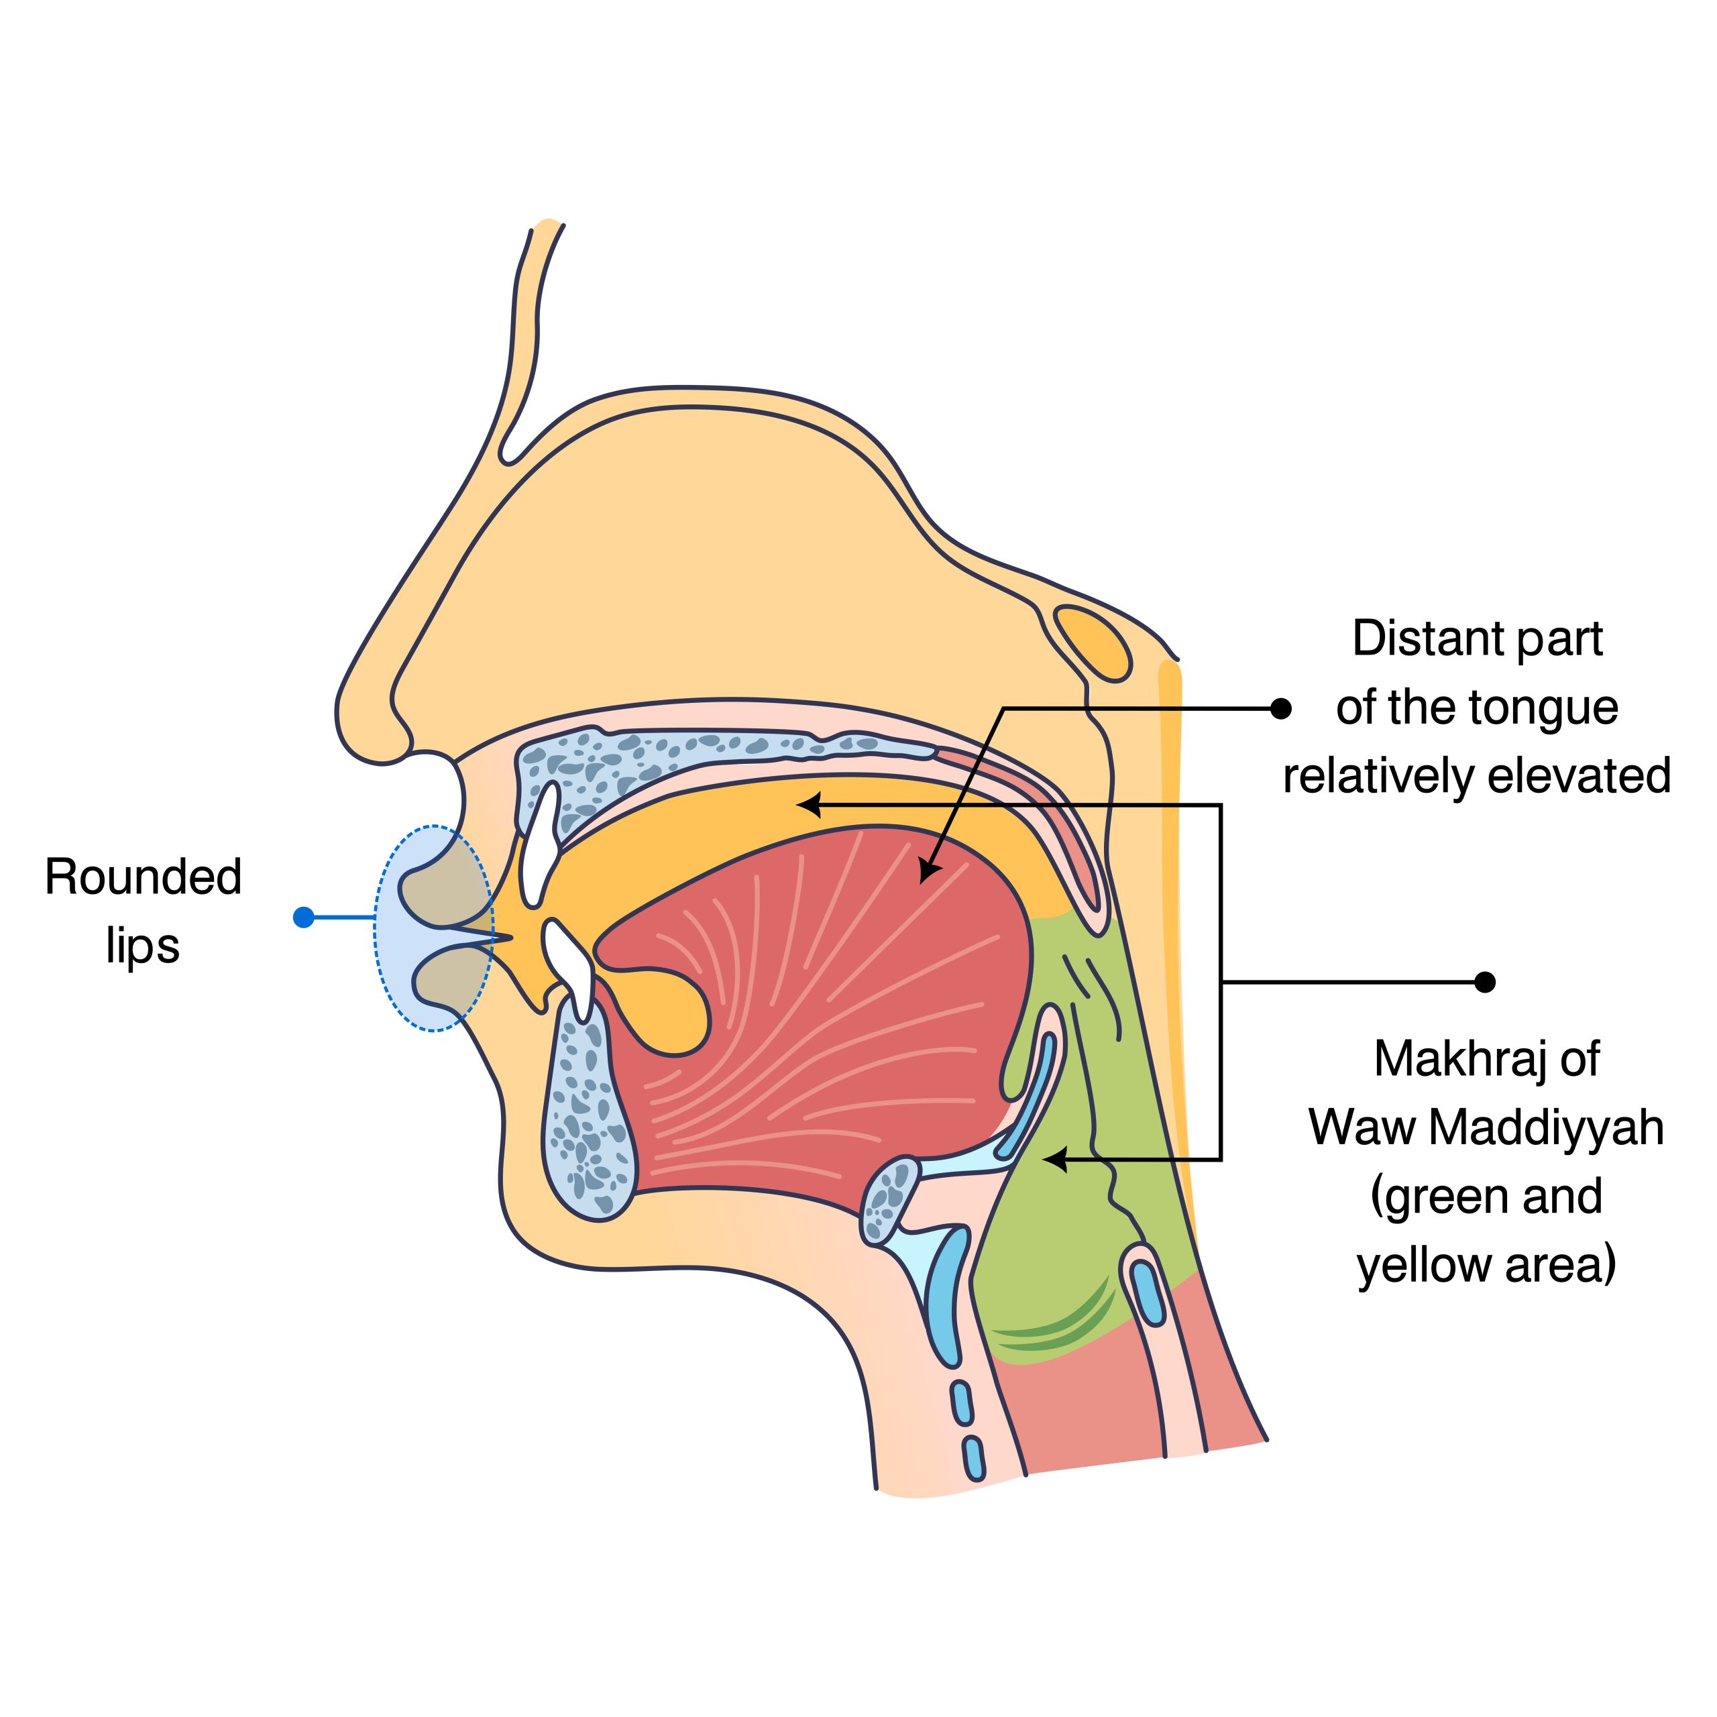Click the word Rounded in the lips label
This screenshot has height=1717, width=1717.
click(x=143, y=877)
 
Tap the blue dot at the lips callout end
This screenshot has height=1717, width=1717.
click(x=304, y=917)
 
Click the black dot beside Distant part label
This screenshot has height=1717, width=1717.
click(x=1280, y=708)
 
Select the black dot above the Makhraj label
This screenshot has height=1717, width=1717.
click(x=1485, y=982)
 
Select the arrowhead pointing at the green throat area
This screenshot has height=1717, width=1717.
click(x=1052, y=1159)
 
